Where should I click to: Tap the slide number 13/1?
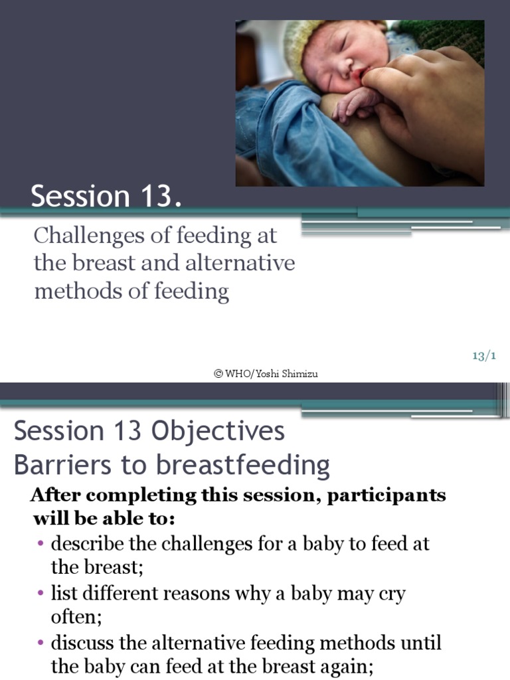(x=484, y=357)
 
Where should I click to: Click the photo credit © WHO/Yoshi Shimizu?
(x=266, y=374)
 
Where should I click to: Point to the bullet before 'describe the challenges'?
(x=42, y=544)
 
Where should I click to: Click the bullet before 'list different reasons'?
(x=42, y=593)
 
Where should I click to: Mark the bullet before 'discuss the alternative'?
(x=42, y=643)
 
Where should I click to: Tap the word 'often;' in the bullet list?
(x=76, y=617)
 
